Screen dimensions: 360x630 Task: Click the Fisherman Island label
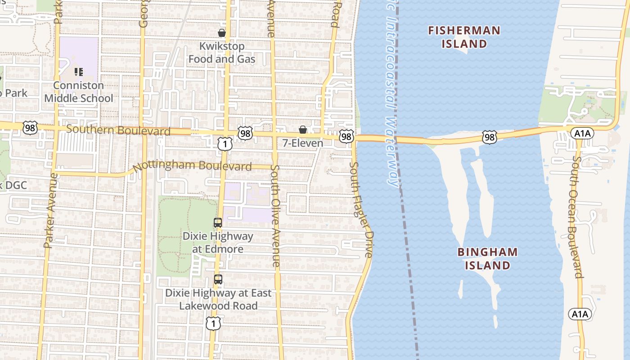click(x=464, y=37)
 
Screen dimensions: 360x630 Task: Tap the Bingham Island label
click(x=488, y=258)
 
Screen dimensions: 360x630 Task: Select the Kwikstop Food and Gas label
click(x=222, y=53)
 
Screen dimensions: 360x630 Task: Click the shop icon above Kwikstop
click(x=222, y=33)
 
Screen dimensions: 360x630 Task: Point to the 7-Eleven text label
click(x=302, y=143)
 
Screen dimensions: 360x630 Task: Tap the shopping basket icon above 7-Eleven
click(x=303, y=130)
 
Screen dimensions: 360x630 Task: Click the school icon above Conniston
click(x=79, y=72)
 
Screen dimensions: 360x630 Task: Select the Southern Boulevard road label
click(x=118, y=130)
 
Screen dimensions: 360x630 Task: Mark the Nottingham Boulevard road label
click(x=193, y=165)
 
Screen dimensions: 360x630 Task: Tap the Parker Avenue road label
click(x=50, y=211)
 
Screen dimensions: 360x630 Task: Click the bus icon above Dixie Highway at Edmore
click(x=218, y=222)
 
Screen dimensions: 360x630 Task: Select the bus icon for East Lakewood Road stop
click(x=218, y=279)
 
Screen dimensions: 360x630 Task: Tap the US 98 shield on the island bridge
click(x=489, y=137)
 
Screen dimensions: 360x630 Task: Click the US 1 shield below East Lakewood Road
click(x=213, y=323)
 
